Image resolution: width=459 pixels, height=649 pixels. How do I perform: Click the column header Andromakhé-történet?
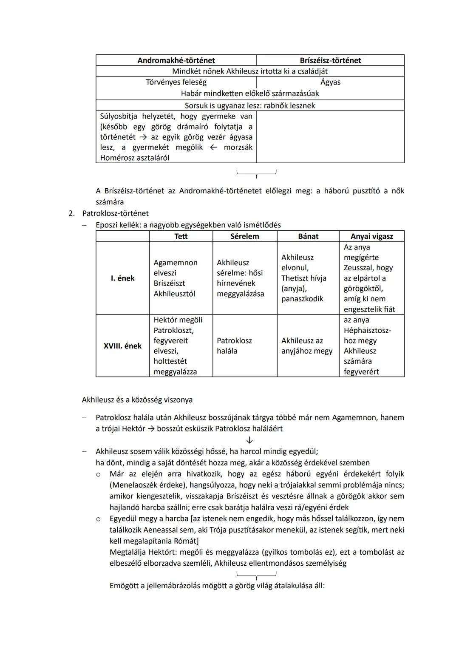coord(176,60)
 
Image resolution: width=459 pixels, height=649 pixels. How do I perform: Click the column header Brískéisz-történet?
coord(330,60)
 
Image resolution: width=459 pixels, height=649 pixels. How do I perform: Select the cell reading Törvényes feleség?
coord(176,82)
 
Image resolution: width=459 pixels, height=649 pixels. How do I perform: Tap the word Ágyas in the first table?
coord(330,82)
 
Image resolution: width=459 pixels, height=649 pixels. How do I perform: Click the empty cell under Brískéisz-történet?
coord(330,137)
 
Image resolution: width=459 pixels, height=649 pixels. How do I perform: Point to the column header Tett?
coord(181,236)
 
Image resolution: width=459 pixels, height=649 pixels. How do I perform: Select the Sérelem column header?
coord(244,236)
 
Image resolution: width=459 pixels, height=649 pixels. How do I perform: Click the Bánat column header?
coord(308,236)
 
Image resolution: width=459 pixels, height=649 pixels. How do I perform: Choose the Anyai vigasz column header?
coord(371,236)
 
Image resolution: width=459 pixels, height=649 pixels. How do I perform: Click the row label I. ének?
coord(122,278)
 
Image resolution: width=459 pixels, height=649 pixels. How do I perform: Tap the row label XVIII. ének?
coord(122,346)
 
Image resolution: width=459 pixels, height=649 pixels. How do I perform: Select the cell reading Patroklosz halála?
coord(234,346)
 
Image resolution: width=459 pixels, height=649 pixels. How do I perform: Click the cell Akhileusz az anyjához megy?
coord(307,346)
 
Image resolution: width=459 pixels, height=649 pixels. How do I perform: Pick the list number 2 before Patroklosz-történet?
coord(71,213)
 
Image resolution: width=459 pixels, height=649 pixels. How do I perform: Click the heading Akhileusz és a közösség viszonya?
coord(137,400)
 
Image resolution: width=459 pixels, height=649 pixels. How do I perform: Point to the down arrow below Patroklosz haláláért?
coord(249,440)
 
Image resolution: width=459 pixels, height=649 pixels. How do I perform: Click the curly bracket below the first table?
coord(256,173)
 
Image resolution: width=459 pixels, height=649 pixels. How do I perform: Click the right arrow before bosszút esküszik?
coord(151,429)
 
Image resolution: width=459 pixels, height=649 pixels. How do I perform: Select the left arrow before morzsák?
coord(213,147)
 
